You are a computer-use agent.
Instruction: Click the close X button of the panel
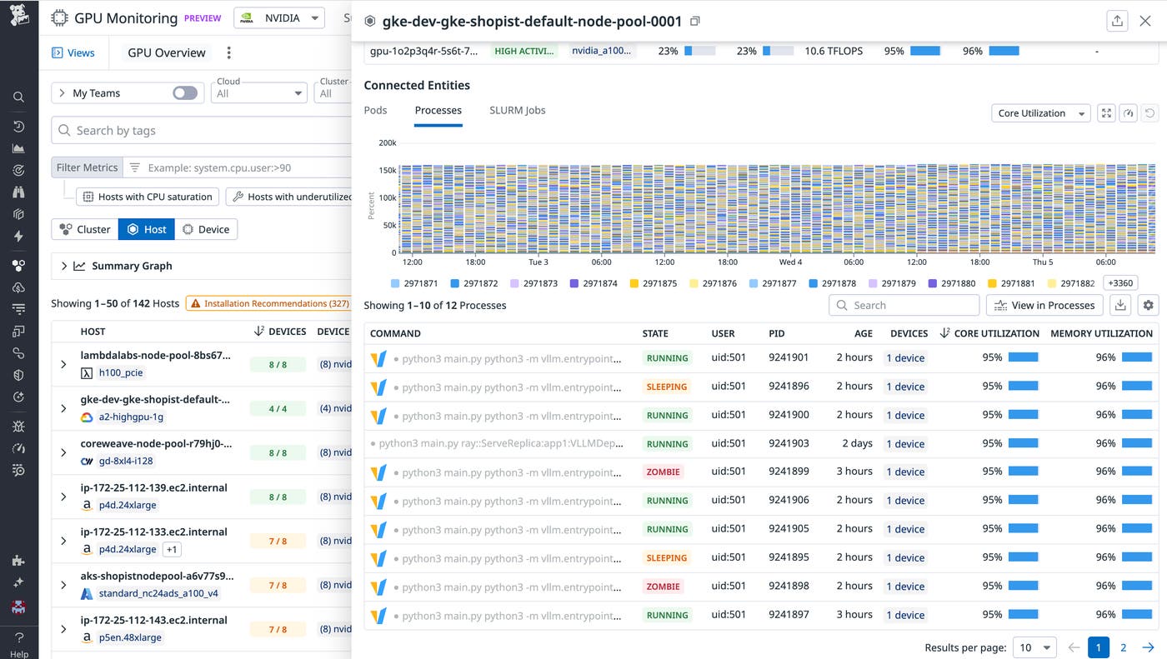pyautogui.click(x=1144, y=22)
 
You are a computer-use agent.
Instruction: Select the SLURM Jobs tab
pyautogui.click(x=517, y=110)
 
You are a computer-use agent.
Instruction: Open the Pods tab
pyautogui.click(x=375, y=110)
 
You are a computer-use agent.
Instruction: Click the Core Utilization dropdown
pyautogui.click(x=1041, y=113)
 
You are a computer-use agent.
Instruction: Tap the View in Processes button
pyautogui.click(x=1044, y=306)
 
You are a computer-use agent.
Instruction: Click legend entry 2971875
pyautogui.click(x=653, y=283)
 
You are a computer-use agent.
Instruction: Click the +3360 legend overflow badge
pyautogui.click(x=1120, y=283)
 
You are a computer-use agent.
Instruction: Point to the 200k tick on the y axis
pyautogui.click(x=387, y=143)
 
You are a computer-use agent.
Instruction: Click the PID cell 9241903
pyautogui.click(x=789, y=443)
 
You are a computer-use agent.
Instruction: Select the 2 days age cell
pyautogui.click(x=857, y=443)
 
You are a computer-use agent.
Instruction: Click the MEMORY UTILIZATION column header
pyautogui.click(x=1100, y=333)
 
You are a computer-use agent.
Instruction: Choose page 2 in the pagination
pyautogui.click(x=1123, y=647)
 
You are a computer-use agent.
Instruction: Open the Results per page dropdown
pyautogui.click(x=1034, y=647)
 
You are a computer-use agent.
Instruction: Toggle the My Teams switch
pyautogui.click(x=185, y=93)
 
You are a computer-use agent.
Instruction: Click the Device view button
pyautogui.click(x=206, y=229)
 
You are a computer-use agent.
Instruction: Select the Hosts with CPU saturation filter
pyautogui.click(x=148, y=197)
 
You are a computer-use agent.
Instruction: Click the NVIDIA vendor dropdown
pyautogui.click(x=279, y=17)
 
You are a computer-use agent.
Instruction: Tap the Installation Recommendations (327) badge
pyautogui.click(x=269, y=303)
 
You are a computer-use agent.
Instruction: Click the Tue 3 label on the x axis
pyautogui.click(x=538, y=262)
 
